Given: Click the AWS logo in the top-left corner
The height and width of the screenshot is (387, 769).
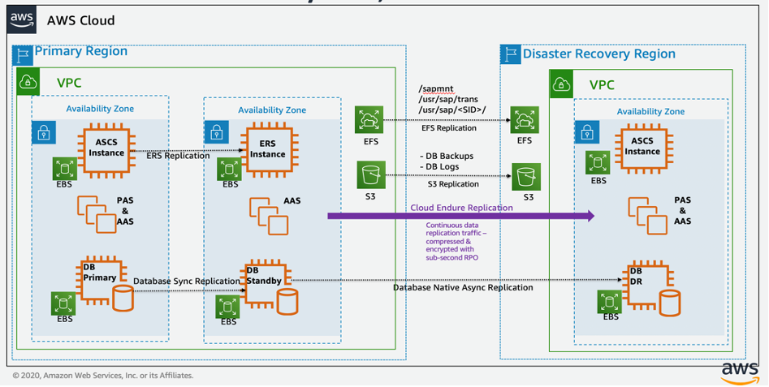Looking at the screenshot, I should [23, 19].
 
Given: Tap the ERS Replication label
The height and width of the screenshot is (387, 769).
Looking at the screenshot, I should [179, 156].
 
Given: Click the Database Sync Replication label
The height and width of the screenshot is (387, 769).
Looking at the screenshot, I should [186, 281].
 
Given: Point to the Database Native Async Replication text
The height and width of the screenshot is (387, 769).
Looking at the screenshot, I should [463, 287].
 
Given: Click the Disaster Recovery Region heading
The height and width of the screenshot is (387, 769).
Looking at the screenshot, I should [598, 54].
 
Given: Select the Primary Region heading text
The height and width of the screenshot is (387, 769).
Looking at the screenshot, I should [80, 51].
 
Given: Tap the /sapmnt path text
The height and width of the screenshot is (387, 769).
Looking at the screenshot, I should [435, 88].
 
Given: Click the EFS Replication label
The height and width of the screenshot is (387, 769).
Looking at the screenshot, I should [449, 128].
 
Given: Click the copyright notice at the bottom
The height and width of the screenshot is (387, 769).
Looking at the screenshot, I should [103, 376].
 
